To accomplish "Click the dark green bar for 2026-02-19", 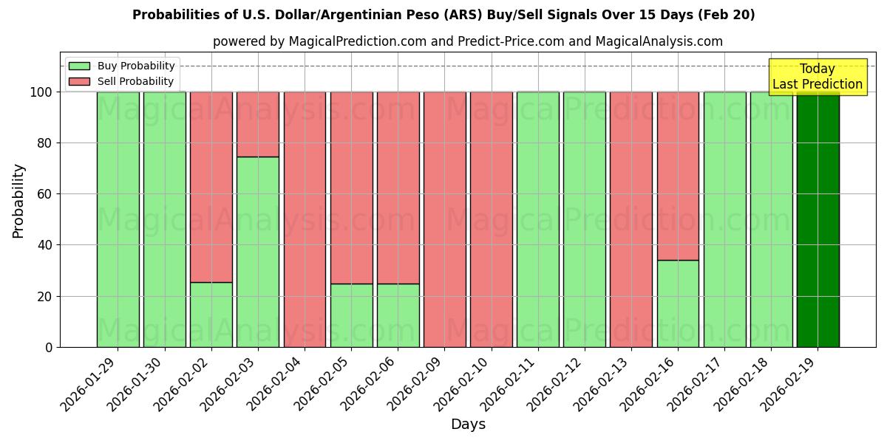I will click(x=818, y=219).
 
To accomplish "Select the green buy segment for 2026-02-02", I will click(x=211, y=315).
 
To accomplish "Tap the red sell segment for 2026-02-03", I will click(x=258, y=124).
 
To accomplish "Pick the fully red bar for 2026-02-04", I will click(x=305, y=219).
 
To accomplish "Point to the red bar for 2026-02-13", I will click(x=631, y=219).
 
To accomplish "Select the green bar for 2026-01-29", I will click(x=118, y=219).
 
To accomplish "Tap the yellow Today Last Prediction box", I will click(x=818, y=77).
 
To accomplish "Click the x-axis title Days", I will click(x=468, y=425).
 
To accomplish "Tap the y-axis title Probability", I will click(x=18, y=201).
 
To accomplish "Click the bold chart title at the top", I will click(x=443, y=15).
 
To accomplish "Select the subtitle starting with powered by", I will click(x=468, y=41).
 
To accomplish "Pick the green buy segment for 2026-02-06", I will click(x=398, y=315).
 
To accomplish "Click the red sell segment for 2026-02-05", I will click(x=351, y=188).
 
